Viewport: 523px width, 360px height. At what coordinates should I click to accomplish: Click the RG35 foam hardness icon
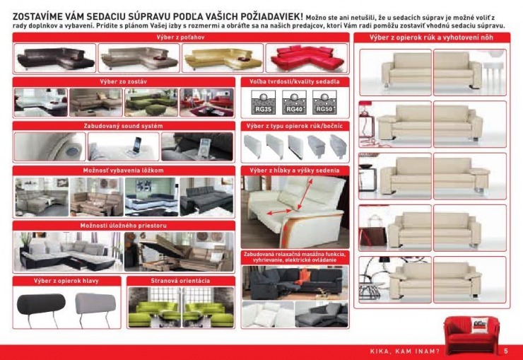(x=262, y=105)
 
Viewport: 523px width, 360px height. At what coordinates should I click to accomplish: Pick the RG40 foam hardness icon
(x=293, y=105)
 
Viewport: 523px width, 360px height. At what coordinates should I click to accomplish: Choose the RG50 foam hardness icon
(x=324, y=105)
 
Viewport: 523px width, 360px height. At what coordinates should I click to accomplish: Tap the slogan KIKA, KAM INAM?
(x=405, y=352)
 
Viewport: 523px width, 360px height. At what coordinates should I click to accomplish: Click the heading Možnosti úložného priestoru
(x=124, y=225)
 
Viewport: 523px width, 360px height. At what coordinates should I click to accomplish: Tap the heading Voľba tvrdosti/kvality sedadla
(x=295, y=82)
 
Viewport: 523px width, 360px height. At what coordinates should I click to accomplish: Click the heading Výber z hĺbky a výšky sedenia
(x=295, y=170)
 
